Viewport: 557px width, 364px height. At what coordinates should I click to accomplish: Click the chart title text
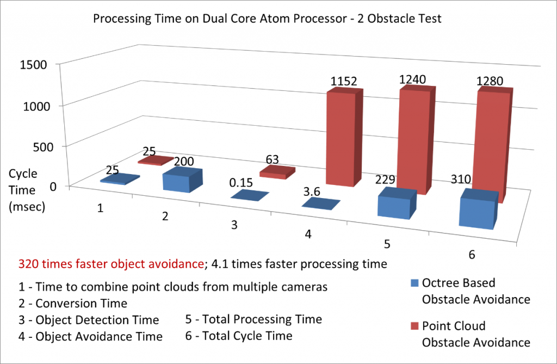(267, 18)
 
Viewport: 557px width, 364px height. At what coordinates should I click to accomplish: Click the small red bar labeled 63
(276, 173)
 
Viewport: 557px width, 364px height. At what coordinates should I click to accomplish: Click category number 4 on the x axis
(308, 234)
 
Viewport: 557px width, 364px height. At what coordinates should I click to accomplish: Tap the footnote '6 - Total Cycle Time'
(239, 336)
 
